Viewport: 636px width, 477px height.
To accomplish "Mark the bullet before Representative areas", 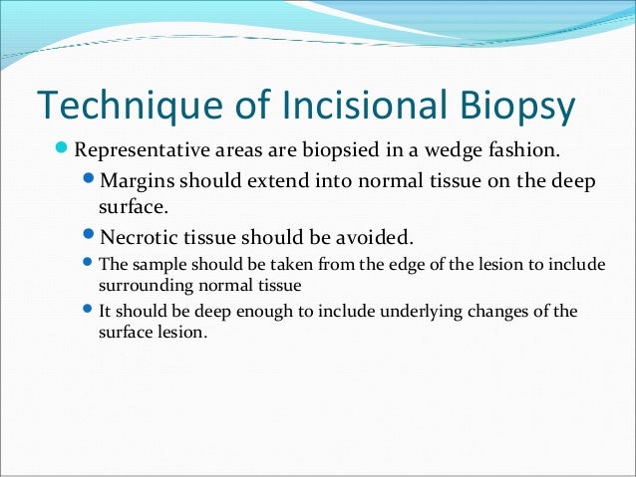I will coord(63,152).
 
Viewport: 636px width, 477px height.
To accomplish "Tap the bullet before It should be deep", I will coord(88,310).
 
